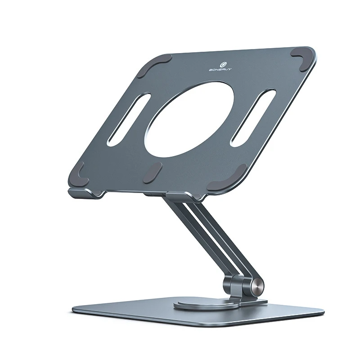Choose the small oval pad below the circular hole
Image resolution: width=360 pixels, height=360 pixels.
(x=153, y=173)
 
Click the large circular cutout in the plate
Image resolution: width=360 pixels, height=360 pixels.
(x=189, y=119)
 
